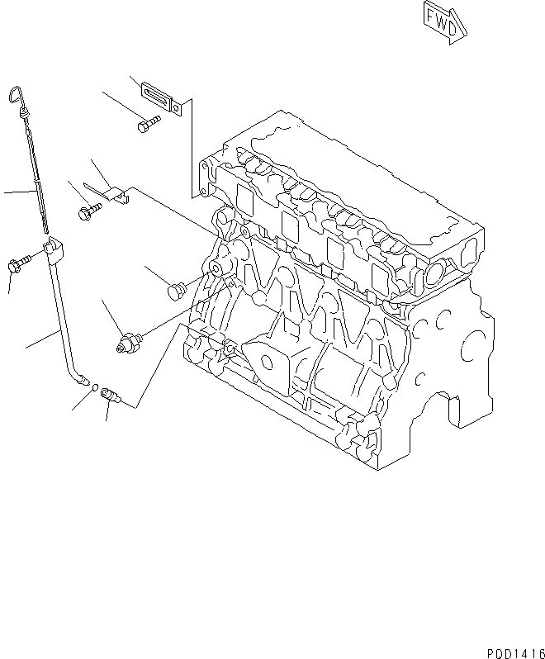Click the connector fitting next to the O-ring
click(x=108, y=395)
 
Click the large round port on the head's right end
click(x=434, y=273)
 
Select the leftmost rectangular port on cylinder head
click(x=244, y=198)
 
